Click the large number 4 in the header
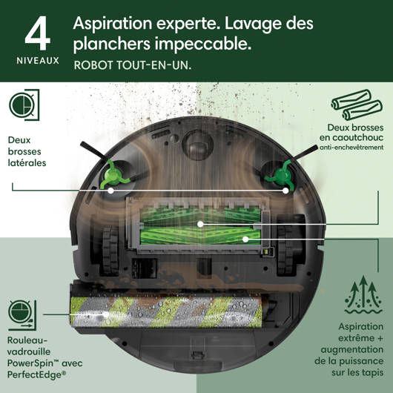pos(38,33)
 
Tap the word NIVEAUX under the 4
pos(38,61)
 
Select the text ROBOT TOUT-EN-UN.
pos(133,65)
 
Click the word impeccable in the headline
pos(203,44)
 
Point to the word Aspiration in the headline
pos(113,24)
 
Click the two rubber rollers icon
pos(357,105)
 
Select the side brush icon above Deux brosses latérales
pos(24,105)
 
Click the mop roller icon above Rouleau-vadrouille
pos(22,315)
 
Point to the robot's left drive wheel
pos(110,250)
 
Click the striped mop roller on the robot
pos(166,312)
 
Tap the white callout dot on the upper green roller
pos(200,224)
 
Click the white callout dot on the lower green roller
pos(245,240)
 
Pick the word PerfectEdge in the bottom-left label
pos(35,374)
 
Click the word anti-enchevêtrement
pos(351,148)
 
